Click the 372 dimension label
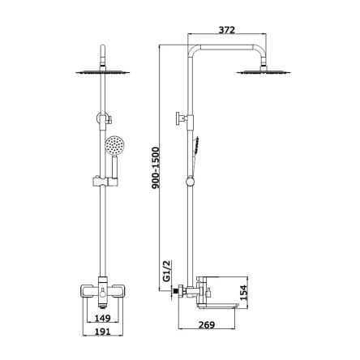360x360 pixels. point(227,30)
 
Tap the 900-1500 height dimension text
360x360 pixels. point(156,168)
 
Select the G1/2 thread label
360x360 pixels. point(168,271)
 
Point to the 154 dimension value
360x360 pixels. point(244,293)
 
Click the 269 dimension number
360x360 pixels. point(207,324)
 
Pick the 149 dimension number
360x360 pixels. point(102,318)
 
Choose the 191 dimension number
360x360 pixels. point(102,331)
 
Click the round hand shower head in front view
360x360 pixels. point(114,146)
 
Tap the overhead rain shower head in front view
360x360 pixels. point(103,72)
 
